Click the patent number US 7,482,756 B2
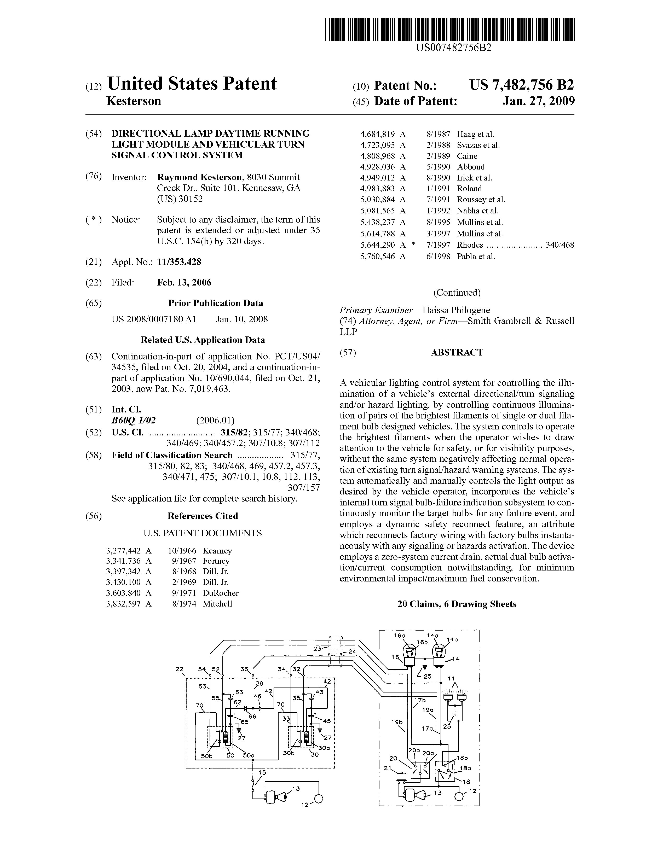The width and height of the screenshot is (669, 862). click(x=521, y=85)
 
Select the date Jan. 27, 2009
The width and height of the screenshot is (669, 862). click(x=538, y=101)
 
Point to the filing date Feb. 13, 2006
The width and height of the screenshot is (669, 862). click(x=184, y=283)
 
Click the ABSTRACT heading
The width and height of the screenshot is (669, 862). click(x=457, y=352)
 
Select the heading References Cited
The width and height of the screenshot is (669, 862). click(x=203, y=516)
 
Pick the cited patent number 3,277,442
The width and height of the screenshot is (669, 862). click(x=123, y=551)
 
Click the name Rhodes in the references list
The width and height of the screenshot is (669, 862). click(x=470, y=245)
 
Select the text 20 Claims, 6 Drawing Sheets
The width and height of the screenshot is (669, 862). click(x=457, y=604)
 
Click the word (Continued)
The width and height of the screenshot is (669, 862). click(x=457, y=293)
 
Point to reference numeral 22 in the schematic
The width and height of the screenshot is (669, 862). click(x=180, y=669)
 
